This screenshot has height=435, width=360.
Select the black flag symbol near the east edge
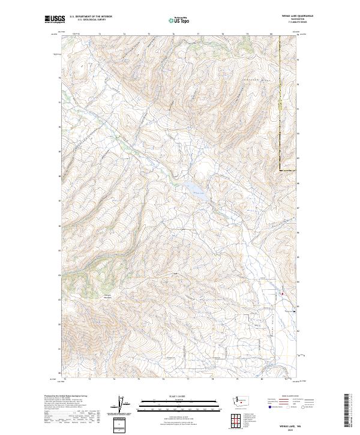294,311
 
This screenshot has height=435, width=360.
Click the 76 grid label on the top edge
173,34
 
